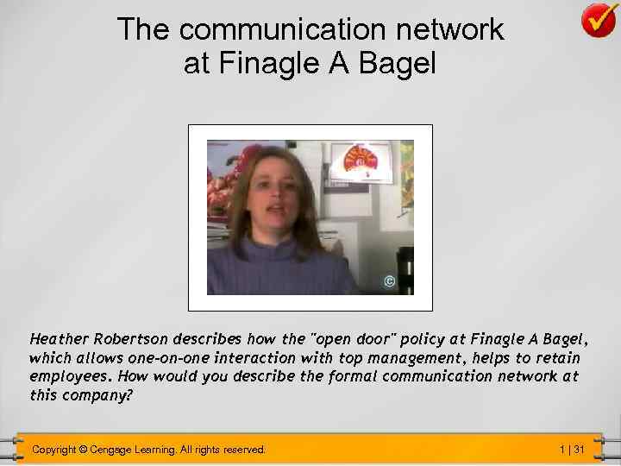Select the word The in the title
point(144,28)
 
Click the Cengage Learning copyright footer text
point(148,450)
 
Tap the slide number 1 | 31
point(571,450)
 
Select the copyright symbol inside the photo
point(389,282)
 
